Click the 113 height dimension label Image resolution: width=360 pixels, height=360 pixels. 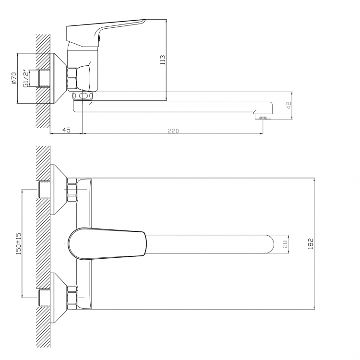click(x=163, y=60)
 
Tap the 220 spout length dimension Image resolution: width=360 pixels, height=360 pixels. click(x=173, y=131)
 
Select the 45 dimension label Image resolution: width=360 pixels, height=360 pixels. click(x=66, y=130)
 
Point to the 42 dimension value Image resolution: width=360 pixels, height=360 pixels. click(x=289, y=105)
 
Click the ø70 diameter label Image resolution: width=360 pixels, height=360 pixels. click(x=14, y=78)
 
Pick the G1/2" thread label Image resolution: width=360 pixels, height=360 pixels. click(x=26, y=78)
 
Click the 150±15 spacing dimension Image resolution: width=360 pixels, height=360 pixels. click(x=18, y=243)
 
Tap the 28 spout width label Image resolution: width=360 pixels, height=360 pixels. click(x=285, y=244)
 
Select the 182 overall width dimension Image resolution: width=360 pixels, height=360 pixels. click(x=311, y=243)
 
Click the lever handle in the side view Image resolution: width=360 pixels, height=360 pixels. click(x=106, y=32)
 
